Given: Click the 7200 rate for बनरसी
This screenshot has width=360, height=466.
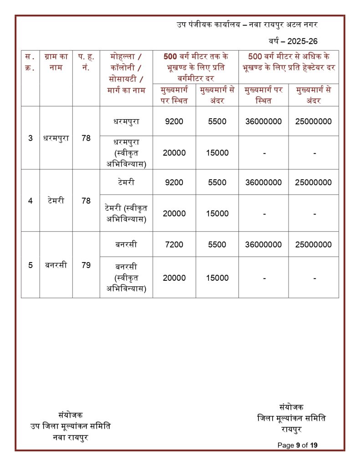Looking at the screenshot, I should tap(174, 244).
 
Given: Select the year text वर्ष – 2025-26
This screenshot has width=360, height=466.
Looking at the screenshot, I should tap(293, 41).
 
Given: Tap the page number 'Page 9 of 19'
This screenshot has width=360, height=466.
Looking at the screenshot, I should tap(298, 445).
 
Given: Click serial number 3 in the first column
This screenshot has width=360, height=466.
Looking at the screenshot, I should tap(30, 138).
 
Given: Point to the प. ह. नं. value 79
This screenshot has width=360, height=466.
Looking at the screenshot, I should tap(86, 265).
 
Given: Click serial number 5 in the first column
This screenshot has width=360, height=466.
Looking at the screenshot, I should tap(30, 265).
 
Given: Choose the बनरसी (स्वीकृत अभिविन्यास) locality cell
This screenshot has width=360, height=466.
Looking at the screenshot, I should tap(126, 277).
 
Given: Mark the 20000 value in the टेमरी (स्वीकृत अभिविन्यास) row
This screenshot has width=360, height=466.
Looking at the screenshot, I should tap(174, 213).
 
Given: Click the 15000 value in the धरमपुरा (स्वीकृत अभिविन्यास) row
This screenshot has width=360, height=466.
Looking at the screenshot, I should tap(217, 153).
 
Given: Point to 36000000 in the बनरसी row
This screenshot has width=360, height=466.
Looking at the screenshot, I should tap(263, 244).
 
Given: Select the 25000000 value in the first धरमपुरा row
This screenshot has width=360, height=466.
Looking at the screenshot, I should tap(313, 122).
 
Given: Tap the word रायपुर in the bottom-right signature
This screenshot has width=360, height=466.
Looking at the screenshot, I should tap(292, 428).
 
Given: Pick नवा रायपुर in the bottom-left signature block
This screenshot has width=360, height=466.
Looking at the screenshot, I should tap(71, 437).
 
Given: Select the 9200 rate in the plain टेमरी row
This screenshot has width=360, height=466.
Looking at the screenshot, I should tap(174, 182).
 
